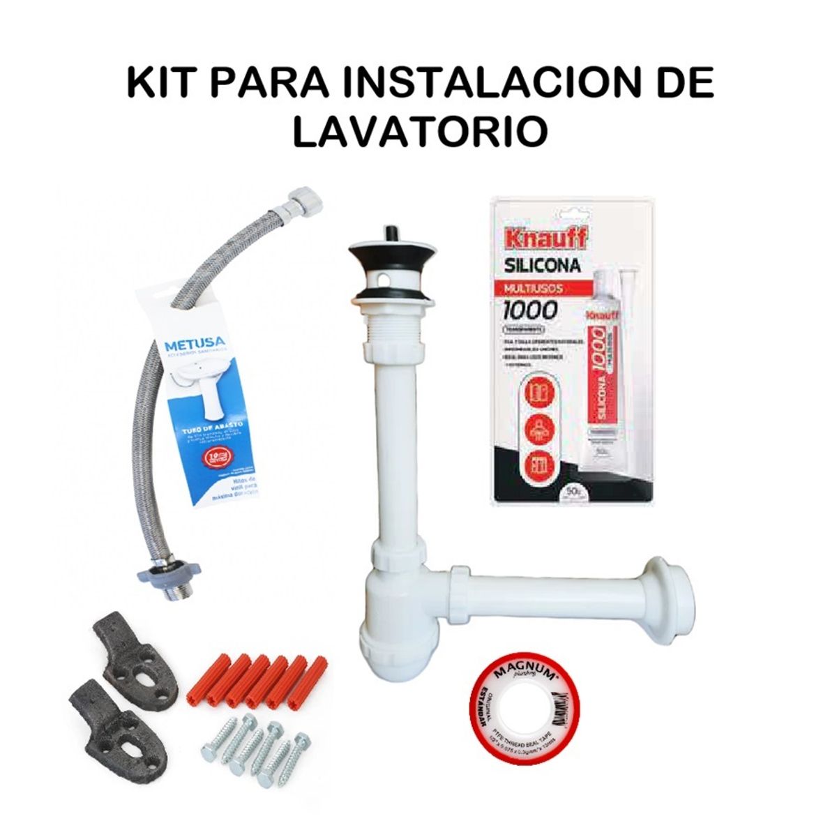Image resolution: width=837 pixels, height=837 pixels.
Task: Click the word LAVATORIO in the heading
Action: pyautogui.click(x=419, y=132)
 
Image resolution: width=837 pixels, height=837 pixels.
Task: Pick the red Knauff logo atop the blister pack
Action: pyautogui.click(x=541, y=236)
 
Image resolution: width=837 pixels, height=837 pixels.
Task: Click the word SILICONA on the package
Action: pyautogui.click(x=543, y=266)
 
